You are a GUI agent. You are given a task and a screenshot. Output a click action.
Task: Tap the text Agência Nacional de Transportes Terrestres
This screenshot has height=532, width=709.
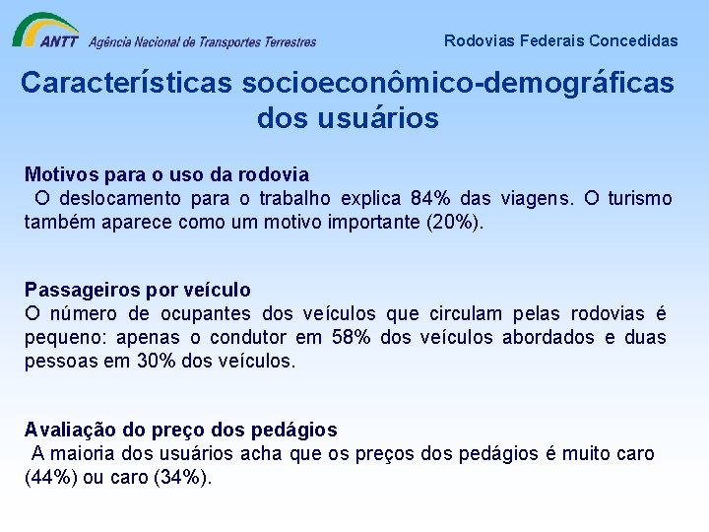202,41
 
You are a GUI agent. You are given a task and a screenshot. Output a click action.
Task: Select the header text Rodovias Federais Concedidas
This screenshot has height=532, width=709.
560,40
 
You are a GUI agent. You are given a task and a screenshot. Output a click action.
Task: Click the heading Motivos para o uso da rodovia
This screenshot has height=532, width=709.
166,175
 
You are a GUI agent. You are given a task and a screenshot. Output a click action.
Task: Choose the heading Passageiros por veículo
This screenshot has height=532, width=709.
138,290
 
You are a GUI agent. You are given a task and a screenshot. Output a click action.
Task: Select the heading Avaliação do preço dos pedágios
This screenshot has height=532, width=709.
180,430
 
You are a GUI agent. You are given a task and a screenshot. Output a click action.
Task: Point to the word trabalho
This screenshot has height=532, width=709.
295,199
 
